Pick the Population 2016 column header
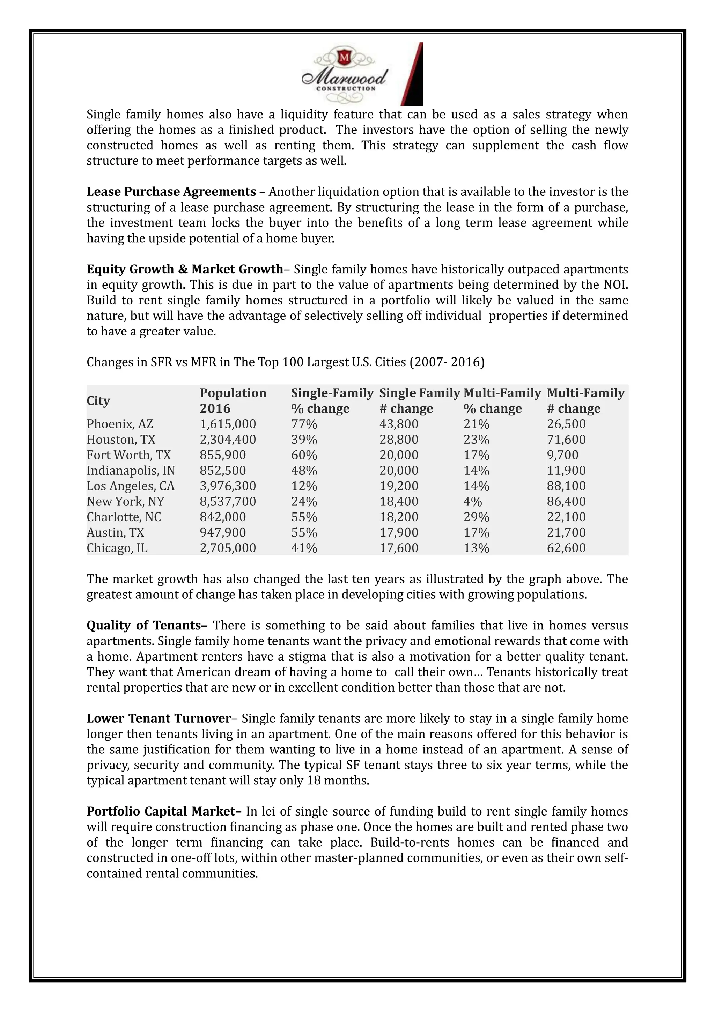(233, 400)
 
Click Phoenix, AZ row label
(120, 424)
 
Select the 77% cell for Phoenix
(304, 424)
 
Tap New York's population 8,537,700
(228, 502)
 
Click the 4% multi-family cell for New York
(472, 502)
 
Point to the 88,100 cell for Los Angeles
(566, 486)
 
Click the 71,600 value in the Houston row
(566, 440)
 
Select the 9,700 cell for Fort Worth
(563, 455)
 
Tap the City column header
(98, 401)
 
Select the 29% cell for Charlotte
(476, 517)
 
